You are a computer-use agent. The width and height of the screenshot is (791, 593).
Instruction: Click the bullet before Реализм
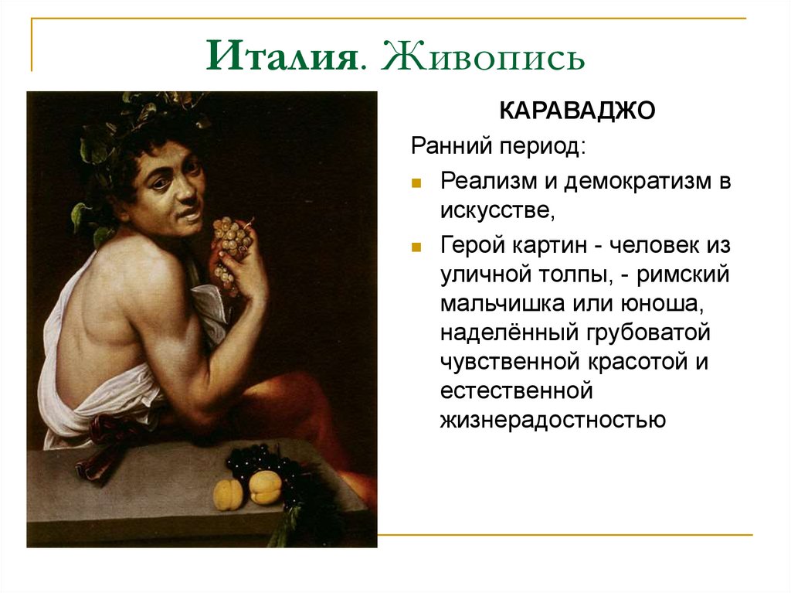click(x=416, y=184)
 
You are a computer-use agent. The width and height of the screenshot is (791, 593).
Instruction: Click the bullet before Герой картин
click(x=416, y=247)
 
